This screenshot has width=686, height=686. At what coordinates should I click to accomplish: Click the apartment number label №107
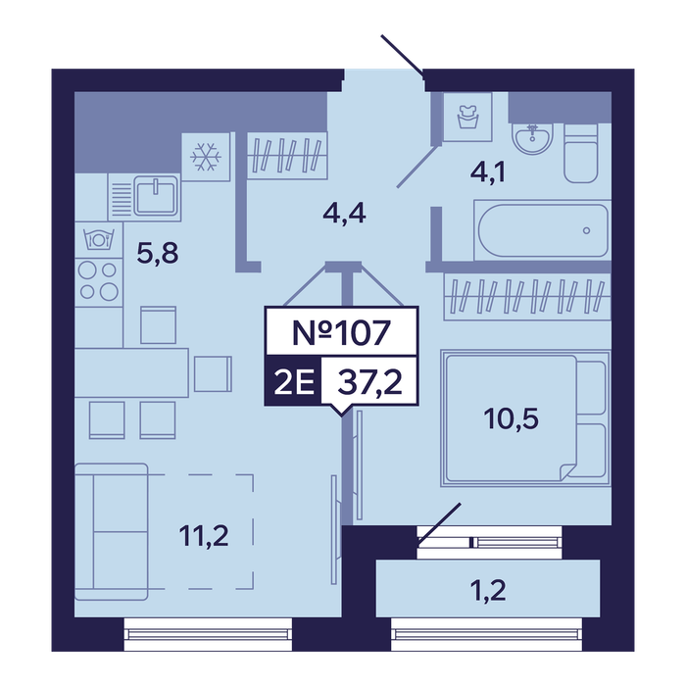[341, 332]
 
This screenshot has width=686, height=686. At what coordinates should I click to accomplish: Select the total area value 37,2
[370, 381]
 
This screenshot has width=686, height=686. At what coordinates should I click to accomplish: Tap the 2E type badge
[294, 381]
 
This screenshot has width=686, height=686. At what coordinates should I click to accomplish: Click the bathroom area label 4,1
[488, 171]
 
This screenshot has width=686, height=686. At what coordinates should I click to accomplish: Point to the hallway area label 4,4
[344, 214]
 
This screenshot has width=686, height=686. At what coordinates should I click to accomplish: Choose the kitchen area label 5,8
[158, 253]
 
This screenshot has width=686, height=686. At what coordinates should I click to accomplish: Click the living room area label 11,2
[204, 535]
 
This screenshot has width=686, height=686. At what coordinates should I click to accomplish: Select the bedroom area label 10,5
[511, 418]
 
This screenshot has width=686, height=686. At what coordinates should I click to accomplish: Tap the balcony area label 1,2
[488, 590]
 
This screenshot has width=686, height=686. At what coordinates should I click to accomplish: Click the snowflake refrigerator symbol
[206, 157]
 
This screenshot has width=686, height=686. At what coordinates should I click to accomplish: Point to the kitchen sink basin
[156, 196]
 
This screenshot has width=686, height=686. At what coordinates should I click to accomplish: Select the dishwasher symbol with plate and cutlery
[99, 239]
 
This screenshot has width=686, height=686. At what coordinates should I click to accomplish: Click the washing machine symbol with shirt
[467, 117]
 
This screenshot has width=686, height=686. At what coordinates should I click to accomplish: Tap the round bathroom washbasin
[532, 138]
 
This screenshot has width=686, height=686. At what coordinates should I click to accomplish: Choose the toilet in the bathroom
[580, 153]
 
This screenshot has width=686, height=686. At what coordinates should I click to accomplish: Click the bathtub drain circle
[586, 230]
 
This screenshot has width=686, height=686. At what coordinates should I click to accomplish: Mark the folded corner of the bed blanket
[568, 471]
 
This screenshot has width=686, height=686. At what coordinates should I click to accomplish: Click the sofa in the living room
[111, 531]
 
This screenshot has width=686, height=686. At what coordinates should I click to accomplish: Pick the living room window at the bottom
[208, 634]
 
